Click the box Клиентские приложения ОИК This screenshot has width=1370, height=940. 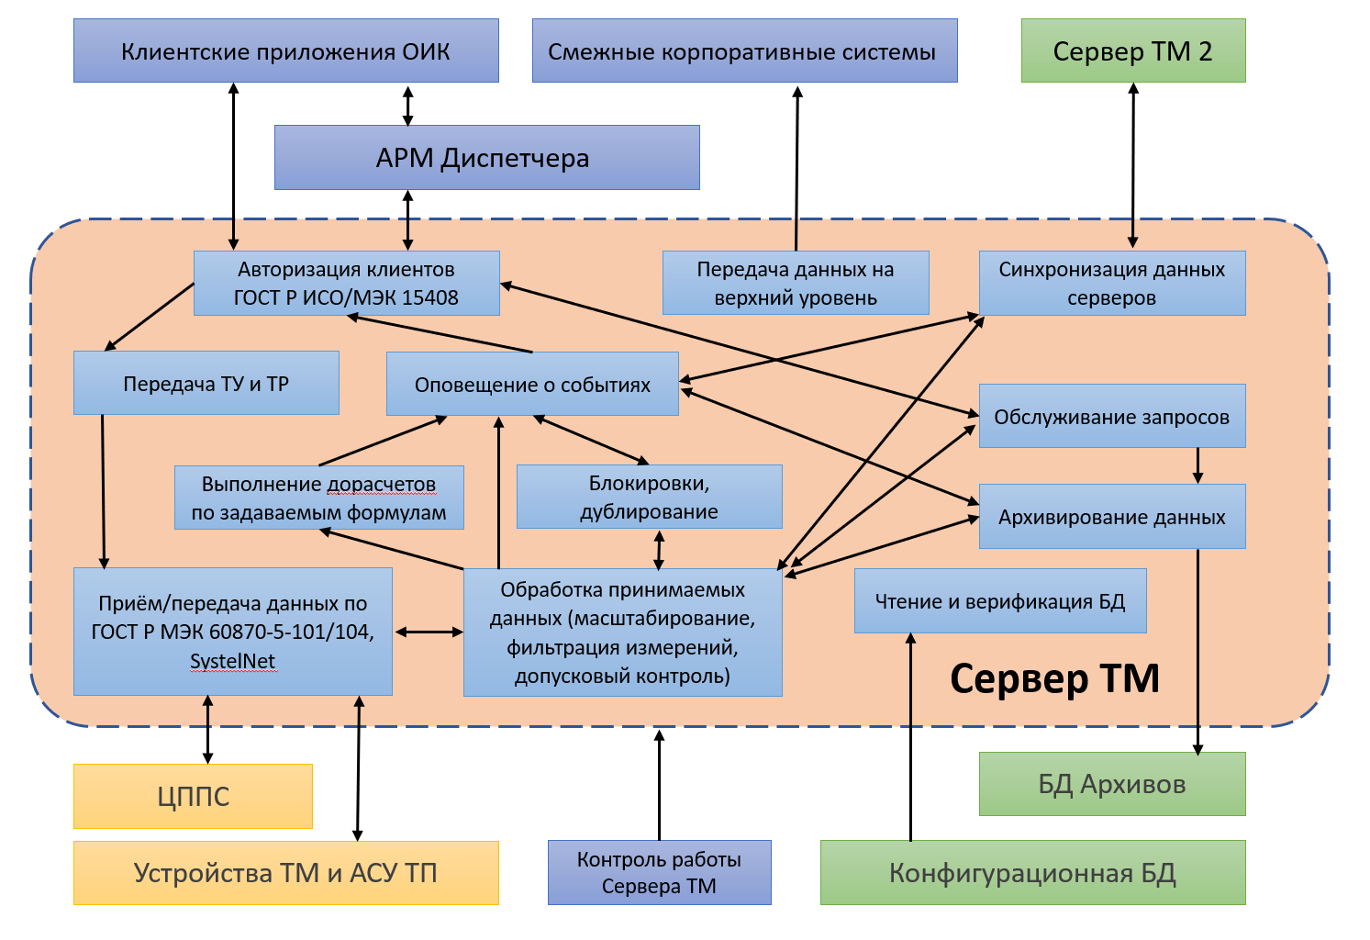pyautogui.click(x=286, y=50)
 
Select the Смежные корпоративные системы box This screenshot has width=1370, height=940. pyautogui.click(x=745, y=50)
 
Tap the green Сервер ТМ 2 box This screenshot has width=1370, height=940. pyautogui.click(x=1133, y=50)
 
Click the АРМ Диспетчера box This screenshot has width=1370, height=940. pyautogui.click(x=487, y=158)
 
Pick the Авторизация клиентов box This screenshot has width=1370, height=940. pyautogui.click(x=347, y=284)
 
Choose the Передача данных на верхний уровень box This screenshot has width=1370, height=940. pyautogui.click(x=796, y=283)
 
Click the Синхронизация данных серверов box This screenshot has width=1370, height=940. pyautogui.click(x=1112, y=284)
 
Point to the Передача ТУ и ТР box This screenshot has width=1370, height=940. pyautogui.click(x=206, y=383)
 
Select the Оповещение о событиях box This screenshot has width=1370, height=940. pyautogui.click(x=533, y=384)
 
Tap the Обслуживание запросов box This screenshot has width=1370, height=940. pyautogui.click(x=1112, y=416)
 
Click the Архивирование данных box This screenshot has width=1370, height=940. pyautogui.click(x=1112, y=517)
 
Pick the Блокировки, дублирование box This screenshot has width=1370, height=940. pyautogui.click(x=650, y=497)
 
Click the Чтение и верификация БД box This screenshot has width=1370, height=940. pyautogui.click(x=1000, y=601)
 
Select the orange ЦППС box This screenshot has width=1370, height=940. pyautogui.click(x=194, y=796)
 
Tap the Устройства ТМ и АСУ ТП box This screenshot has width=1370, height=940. pyautogui.click(x=286, y=873)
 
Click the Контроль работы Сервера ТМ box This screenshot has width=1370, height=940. pyautogui.click(x=660, y=873)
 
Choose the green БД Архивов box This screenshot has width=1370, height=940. pyautogui.click(x=1112, y=784)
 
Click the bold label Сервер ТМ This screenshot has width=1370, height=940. pyautogui.click(x=1055, y=678)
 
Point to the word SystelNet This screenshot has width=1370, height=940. pyautogui.click(x=232, y=661)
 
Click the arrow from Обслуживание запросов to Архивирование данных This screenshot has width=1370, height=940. pyautogui.click(x=1197, y=466)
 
